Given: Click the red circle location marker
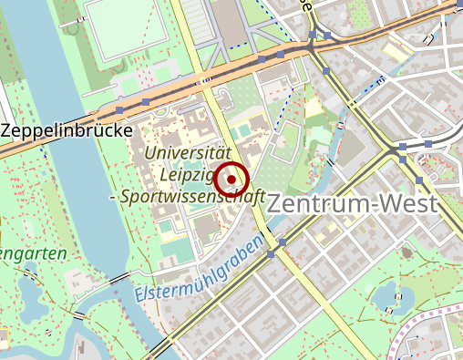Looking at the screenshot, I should click(x=231, y=180).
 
